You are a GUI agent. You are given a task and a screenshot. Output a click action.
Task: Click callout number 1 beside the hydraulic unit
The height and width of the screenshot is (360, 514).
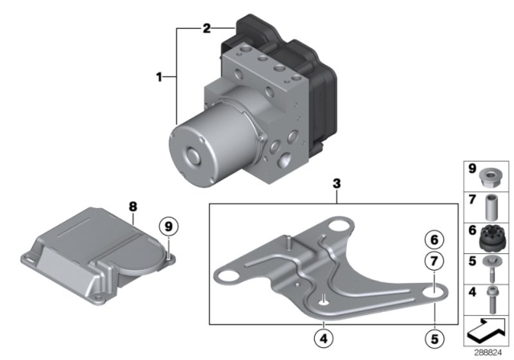(x=160, y=77)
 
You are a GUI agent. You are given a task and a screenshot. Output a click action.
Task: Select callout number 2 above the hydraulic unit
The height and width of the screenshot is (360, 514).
(x=206, y=29)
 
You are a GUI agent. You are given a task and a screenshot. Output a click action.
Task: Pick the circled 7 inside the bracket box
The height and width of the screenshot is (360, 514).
(x=434, y=261)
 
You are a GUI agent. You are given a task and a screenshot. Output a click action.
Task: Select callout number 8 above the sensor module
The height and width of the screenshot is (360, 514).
(x=133, y=207)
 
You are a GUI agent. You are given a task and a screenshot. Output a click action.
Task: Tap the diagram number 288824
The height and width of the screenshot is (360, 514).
(x=485, y=350)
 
